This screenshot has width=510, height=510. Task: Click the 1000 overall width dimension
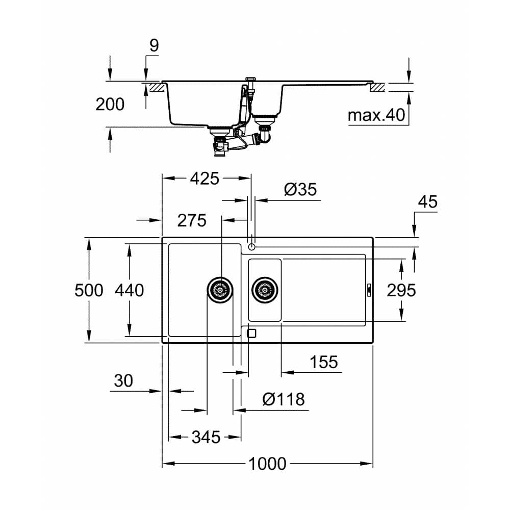pos(267,464)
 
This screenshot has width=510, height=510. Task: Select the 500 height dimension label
pos(89,290)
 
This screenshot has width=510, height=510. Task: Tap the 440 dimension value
pos(129,290)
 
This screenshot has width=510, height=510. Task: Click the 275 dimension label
pos(192,220)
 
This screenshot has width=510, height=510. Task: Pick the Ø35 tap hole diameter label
pos(300,190)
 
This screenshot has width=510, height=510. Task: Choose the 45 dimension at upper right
pos(427,202)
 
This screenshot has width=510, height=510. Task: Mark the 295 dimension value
pos(401,290)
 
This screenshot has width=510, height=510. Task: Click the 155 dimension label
pos(324,362)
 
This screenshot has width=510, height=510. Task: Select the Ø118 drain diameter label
pos(284,399)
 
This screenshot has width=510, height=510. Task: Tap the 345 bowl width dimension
pos(206,437)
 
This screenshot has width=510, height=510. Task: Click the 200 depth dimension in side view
pos(110,104)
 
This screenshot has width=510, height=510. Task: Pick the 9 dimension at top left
pos(154,45)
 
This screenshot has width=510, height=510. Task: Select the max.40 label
pos(376,115)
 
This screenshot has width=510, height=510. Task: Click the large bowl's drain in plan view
pos(220,290)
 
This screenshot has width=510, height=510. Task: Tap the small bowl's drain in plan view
pos(265,290)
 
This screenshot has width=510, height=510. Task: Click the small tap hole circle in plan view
pos(251,247)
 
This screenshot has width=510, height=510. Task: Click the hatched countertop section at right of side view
pos(378,88)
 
